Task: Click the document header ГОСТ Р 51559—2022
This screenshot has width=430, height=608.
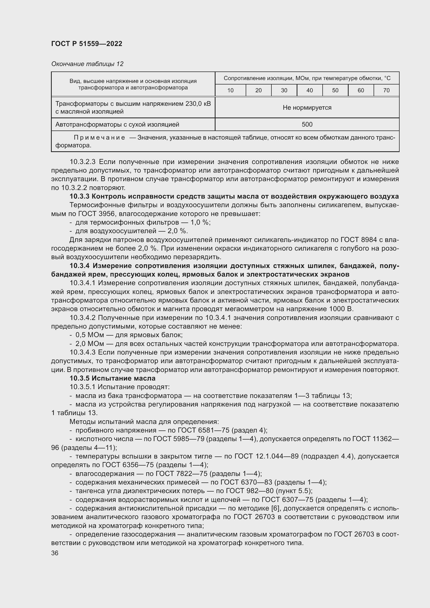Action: (x=87, y=44)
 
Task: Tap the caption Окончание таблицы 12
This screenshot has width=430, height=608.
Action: (x=87, y=64)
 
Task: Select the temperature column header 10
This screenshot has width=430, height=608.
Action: (x=230, y=90)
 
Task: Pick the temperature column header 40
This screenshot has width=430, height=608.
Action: (x=310, y=90)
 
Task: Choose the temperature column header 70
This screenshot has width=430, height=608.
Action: (x=386, y=90)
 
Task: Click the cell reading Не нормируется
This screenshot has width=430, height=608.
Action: (x=307, y=108)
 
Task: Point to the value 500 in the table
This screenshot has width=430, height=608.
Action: (x=307, y=125)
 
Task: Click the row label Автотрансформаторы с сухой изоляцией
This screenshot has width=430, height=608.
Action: (x=117, y=125)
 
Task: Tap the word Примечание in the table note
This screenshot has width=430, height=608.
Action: (x=99, y=138)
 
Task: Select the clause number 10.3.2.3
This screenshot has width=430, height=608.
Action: (x=83, y=162)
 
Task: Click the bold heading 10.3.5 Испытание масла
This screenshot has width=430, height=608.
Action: (x=113, y=378)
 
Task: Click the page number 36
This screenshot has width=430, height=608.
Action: (x=55, y=553)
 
